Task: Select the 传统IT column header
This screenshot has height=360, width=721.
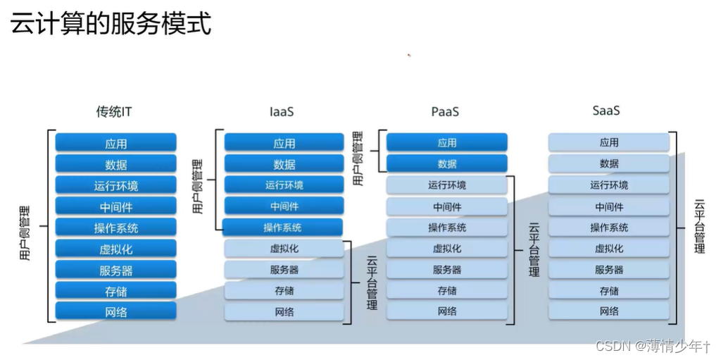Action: coord(115,111)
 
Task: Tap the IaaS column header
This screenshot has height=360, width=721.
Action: coord(282,111)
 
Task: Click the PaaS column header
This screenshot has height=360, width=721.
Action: coord(445,111)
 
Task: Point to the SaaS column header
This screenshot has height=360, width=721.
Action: coord(606,111)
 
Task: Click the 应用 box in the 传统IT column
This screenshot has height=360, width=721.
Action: coord(116,143)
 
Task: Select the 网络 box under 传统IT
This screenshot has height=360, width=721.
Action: coord(116,311)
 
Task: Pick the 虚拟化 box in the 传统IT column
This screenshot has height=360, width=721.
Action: coord(116,249)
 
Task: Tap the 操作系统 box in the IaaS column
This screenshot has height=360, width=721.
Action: coord(283,228)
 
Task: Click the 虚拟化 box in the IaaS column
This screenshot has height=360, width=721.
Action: coord(284,249)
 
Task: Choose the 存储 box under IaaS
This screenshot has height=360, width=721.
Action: coord(284,290)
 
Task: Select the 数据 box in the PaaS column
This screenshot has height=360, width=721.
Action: coord(447,163)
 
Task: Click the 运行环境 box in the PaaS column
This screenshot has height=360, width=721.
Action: coord(447,185)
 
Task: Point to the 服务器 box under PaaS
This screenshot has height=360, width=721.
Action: coord(447,270)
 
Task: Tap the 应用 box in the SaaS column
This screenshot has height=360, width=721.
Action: coord(609,142)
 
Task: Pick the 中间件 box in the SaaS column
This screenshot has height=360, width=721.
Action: coord(609,206)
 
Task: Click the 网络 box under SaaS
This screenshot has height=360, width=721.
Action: coord(609,311)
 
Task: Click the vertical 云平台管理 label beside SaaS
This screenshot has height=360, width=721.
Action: coord(699,226)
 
